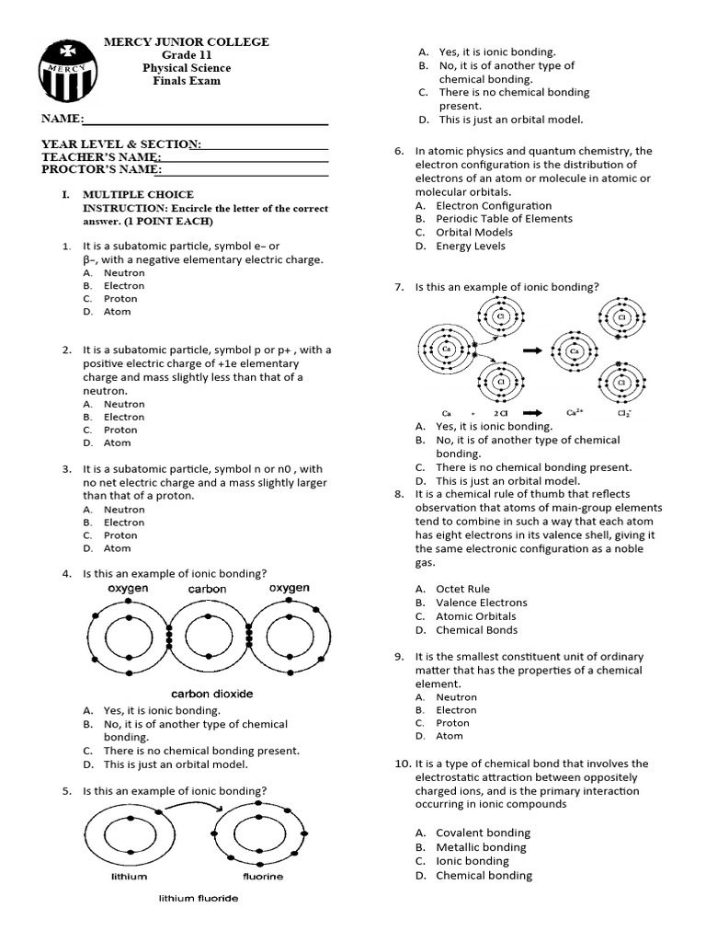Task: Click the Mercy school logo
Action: (66, 70)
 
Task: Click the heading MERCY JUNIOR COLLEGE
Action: (187, 41)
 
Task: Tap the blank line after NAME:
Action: (206, 120)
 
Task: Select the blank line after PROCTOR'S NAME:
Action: (245, 170)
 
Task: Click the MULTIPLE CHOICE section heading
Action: (138, 194)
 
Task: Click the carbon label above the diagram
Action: (207, 589)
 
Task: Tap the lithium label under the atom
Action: (129, 877)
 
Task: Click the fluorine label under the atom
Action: (263, 877)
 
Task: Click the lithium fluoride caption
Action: (199, 898)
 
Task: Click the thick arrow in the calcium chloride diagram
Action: (531, 350)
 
